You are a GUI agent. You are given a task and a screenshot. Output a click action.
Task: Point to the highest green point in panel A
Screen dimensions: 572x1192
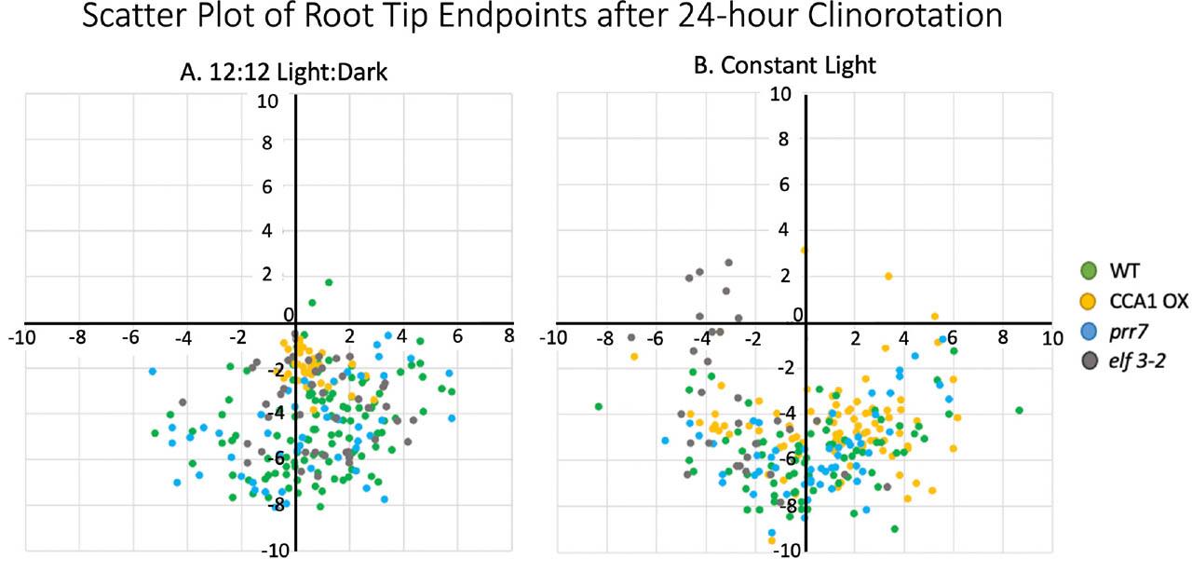click(x=329, y=282)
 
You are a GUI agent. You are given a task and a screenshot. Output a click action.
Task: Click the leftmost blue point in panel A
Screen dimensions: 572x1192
click(x=152, y=371)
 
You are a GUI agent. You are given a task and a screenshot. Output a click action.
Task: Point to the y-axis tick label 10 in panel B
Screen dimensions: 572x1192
click(x=780, y=94)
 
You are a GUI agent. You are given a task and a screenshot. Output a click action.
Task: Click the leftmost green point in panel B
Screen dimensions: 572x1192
click(x=599, y=406)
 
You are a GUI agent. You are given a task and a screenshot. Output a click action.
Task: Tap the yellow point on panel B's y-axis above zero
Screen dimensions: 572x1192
click(x=805, y=250)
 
